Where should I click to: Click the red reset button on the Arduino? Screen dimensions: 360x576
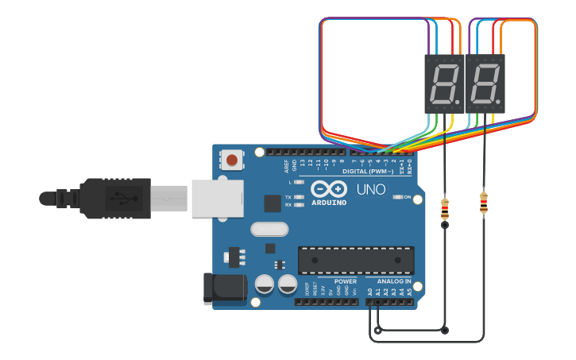[x=232, y=161]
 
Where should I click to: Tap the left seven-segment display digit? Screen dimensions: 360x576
[x=443, y=83]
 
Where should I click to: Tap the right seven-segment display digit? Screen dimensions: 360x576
[x=485, y=83]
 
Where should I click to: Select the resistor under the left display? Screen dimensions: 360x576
[x=444, y=208]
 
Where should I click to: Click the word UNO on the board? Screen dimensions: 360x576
[x=370, y=189]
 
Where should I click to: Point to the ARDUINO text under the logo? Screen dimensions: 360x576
[x=328, y=202]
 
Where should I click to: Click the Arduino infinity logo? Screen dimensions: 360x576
[x=328, y=189]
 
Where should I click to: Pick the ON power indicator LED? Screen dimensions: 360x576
[x=396, y=197]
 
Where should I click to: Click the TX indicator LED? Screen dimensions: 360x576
[x=299, y=196]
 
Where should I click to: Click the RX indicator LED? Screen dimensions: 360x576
[x=299, y=205]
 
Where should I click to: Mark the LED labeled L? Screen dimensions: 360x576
[x=299, y=183]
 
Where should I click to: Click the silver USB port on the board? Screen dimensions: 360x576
[x=216, y=198]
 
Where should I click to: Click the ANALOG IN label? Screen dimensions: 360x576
[x=393, y=281]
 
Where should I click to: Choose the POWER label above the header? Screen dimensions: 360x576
[x=346, y=281]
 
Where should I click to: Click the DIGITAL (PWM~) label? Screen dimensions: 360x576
[x=368, y=172]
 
